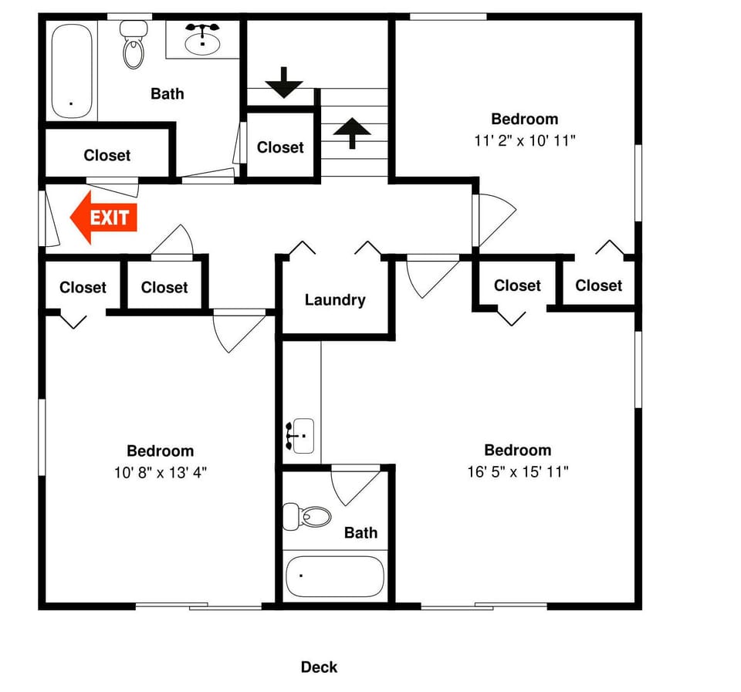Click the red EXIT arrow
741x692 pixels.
(103, 218)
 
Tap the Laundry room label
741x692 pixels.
(334, 300)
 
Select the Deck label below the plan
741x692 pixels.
(319, 667)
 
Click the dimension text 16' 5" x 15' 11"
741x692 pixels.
(517, 471)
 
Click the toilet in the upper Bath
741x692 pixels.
(134, 46)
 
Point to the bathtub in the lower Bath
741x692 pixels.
(334, 576)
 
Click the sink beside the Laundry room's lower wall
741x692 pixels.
(300, 436)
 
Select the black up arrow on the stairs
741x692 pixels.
(352, 132)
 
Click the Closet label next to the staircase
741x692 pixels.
(280, 147)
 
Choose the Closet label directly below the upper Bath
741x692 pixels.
(107, 155)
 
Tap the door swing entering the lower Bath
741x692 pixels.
(354, 484)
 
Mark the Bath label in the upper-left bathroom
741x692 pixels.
(167, 93)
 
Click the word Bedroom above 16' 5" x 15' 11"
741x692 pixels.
(517, 450)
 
